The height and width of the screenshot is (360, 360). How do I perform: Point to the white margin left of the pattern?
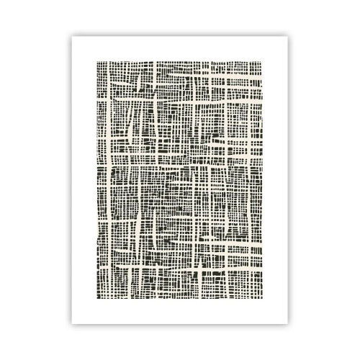coord(71,179)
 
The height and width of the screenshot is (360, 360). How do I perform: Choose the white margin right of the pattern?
coord(287,179)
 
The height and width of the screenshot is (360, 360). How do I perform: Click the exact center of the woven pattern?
coord(179,179)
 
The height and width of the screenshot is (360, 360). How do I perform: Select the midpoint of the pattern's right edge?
coord(263,179)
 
